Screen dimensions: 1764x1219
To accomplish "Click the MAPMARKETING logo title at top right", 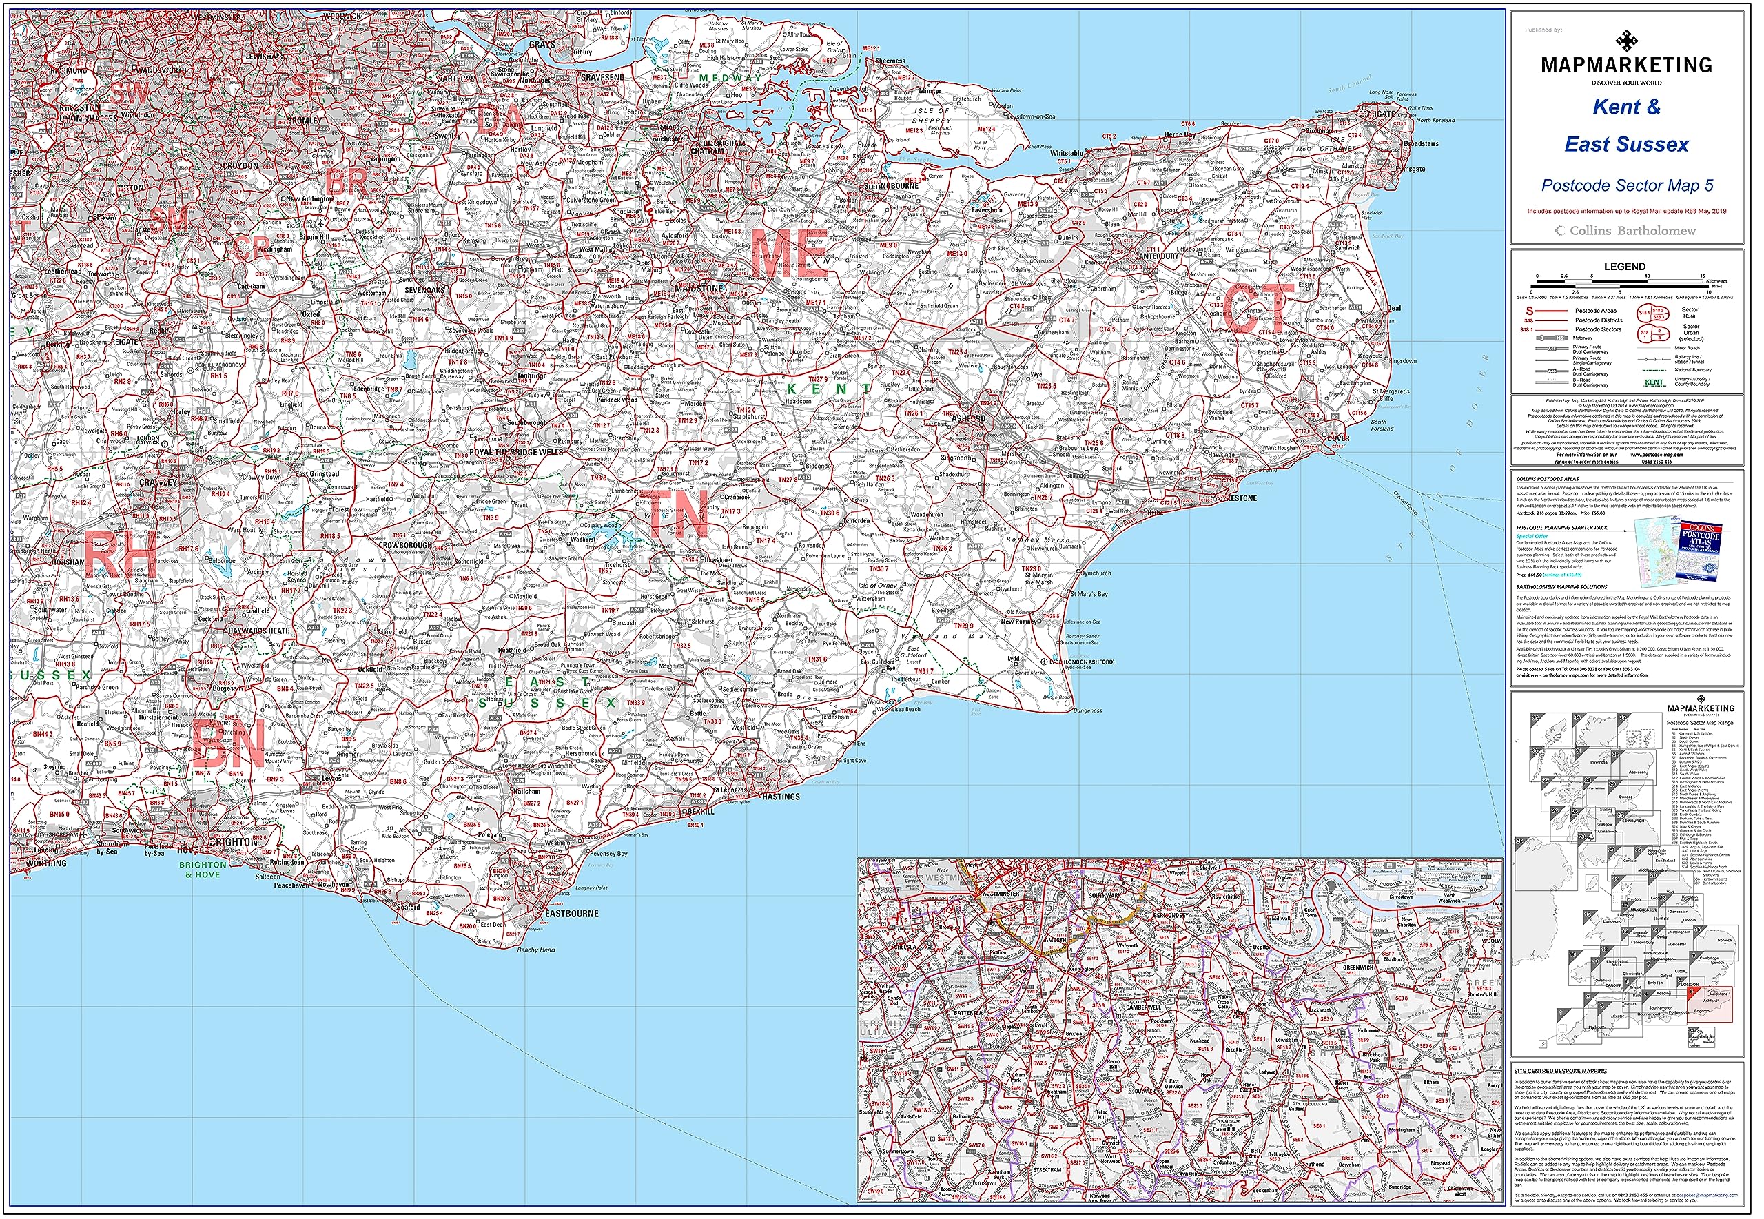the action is coord(1627,65).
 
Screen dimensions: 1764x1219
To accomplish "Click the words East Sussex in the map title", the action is coord(1627,144).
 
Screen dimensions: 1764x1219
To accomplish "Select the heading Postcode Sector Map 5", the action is coord(1627,185).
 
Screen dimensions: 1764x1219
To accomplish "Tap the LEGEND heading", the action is coord(1624,267).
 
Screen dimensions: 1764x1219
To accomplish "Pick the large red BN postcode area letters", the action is coord(228,744).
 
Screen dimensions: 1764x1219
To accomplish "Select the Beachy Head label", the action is coord(536,950).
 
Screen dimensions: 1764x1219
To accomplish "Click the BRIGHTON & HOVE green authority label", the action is coord(203,870).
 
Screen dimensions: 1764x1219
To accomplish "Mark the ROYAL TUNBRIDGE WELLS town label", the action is coord(515,452).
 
